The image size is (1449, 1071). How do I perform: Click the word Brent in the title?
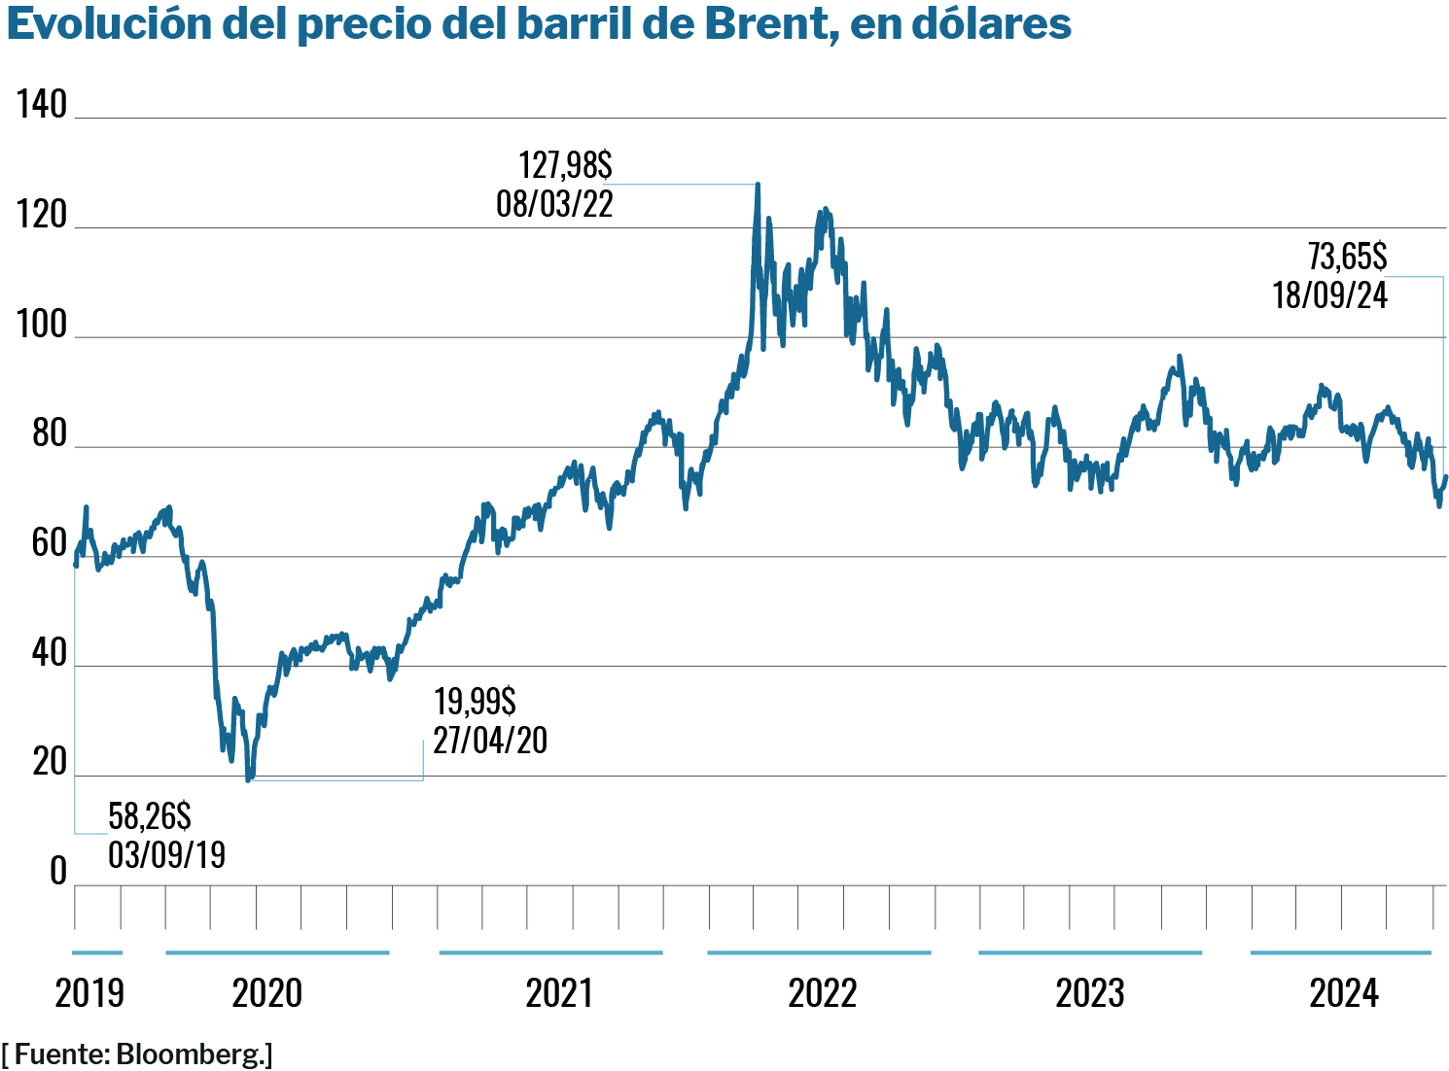[x=765, y=23]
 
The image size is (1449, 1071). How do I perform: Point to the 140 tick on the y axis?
[x=42, y=104]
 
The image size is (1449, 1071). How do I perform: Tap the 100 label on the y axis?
[x=42, y=325]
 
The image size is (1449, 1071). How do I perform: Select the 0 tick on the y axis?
[x=58, y=872]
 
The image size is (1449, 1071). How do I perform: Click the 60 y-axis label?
[x=49, y=543]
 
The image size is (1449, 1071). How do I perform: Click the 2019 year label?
[x=89, y=993]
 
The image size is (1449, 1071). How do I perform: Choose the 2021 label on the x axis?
[x=558, y=993]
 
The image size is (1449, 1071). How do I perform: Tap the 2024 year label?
[x=1344, y=993]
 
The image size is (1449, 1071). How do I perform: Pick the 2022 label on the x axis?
[x=822, y=993]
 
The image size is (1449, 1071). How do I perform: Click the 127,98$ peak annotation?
[x=565, y=164]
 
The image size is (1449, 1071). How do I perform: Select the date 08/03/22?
[x=554, y=204]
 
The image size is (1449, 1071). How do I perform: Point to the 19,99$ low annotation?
[x=475, y=701]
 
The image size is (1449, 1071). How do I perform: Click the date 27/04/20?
[x=490, y=741]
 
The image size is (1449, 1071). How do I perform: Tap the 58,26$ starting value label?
[x=150, y=816]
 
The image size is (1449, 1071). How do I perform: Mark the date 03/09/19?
[x=166, y=855]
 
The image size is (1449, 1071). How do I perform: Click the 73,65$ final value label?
[x=1347, y=257]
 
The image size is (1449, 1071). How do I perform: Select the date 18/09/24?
[x=1329, y=295]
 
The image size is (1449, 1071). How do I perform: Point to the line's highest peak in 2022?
[x=758, y=184]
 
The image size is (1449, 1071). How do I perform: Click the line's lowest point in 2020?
[x=248, y=779]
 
